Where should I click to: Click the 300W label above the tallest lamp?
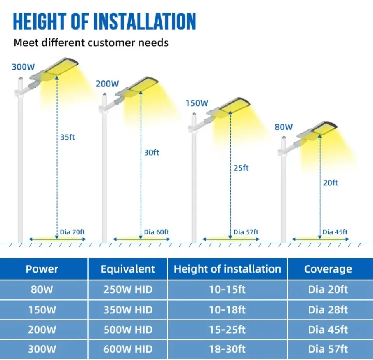(x=23, y=66)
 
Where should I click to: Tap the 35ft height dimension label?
(x=68, y=137)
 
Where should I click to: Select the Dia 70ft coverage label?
(x=72, y=232)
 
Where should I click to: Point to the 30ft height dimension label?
(x=152, y=153)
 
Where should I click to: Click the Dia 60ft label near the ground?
(x=156, y=232)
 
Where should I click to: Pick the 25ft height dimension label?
(x=241, y=168)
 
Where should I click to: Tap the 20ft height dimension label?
(x=330, y=183)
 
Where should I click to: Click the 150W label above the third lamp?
(x=197, y=103)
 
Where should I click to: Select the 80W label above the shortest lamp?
(x=284, y=127)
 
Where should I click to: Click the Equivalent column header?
(x=128, y=269)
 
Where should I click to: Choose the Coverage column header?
(x=328, y=269)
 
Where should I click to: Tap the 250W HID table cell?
(x=128, y=290)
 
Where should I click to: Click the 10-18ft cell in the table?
(x=227, y=310)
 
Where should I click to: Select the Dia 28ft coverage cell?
(x=328, y=310)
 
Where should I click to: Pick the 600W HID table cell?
(x=128, y=349)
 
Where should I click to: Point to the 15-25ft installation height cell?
(x=227, y=330)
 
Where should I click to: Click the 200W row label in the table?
(x=42, y=330)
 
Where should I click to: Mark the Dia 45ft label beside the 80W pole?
(x=335, y=232)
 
